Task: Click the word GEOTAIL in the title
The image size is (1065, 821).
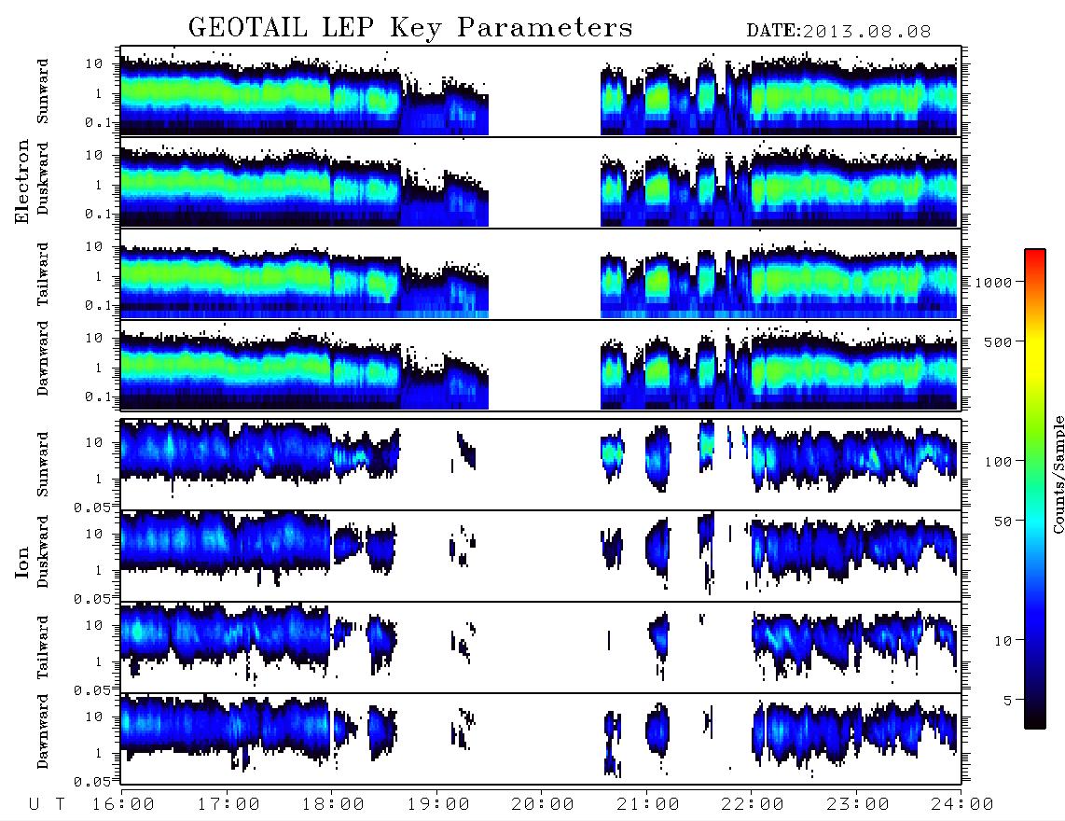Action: click(247, 28)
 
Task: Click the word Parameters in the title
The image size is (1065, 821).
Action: click(545, 28)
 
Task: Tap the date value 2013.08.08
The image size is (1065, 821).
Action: click(866, 32)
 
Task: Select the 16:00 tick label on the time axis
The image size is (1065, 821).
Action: click(123, 804)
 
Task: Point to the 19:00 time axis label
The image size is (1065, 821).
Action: click(438, 804)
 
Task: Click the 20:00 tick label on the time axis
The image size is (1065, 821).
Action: click(543, 804)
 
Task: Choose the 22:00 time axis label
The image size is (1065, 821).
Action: click(753, 804)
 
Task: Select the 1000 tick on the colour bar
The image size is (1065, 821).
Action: click(993, 282)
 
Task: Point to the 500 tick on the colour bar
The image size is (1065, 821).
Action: click(998, 341)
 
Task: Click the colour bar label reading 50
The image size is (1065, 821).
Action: click(1003, 522)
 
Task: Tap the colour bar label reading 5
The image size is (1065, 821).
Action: click(1007, 701)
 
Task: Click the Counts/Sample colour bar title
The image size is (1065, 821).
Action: click(1058, 474)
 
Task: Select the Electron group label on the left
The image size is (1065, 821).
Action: click(22, 181)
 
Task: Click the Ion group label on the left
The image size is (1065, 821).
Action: click(22, 562)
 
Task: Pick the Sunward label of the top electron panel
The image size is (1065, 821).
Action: click(43, 91)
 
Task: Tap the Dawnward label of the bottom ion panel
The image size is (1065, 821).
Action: click(43, 731)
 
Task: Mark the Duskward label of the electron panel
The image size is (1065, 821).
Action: click(43, 178)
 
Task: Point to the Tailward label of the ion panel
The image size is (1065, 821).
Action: click(43, 647)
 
